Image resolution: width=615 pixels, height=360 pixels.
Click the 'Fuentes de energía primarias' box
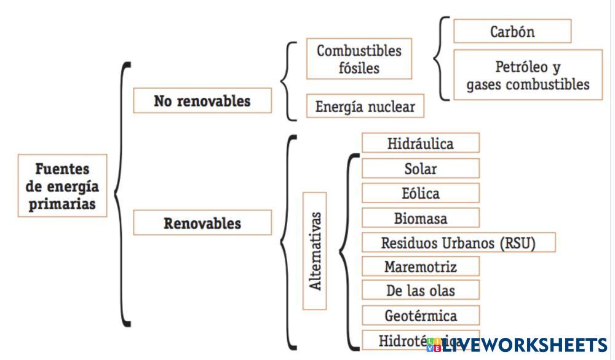coord(62,185)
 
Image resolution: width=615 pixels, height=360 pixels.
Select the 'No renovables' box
coord(202,101)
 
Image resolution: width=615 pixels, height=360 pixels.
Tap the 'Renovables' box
coord(202,223)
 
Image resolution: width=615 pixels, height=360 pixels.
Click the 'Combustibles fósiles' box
coord(359,59)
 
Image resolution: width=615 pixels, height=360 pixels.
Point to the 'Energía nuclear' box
coord(365,106)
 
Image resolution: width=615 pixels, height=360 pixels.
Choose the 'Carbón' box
coord(512,31)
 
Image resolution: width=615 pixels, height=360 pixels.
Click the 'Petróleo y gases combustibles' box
coord(528,75)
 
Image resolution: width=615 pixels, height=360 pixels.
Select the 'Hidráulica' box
coord(421,143)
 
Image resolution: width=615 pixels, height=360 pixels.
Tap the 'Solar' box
coord(421,169)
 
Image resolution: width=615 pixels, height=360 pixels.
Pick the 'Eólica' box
coord(421,193)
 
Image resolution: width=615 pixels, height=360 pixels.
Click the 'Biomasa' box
coord(421,218)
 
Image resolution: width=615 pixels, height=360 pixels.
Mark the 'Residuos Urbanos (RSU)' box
coord(458,242)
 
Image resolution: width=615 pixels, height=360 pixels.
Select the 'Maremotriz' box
coord(421,266)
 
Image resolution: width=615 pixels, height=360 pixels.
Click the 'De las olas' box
coord(421,290)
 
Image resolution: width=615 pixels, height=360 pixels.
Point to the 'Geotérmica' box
coord(421,316)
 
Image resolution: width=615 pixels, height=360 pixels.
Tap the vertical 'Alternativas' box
coord(315,251)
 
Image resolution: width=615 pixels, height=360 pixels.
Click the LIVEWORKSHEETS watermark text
coord(523,345)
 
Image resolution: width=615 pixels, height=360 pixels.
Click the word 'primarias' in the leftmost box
coord(62,203)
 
